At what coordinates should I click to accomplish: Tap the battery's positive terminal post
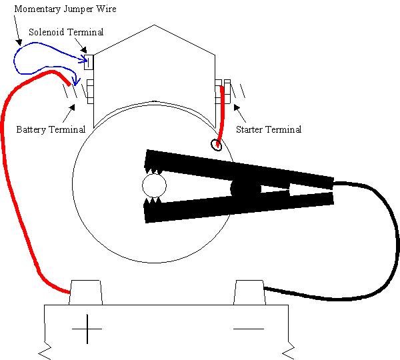pos(86,292)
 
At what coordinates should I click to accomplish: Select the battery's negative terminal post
pos(249,292)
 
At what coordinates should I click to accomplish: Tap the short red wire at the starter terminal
pos(220,113)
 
